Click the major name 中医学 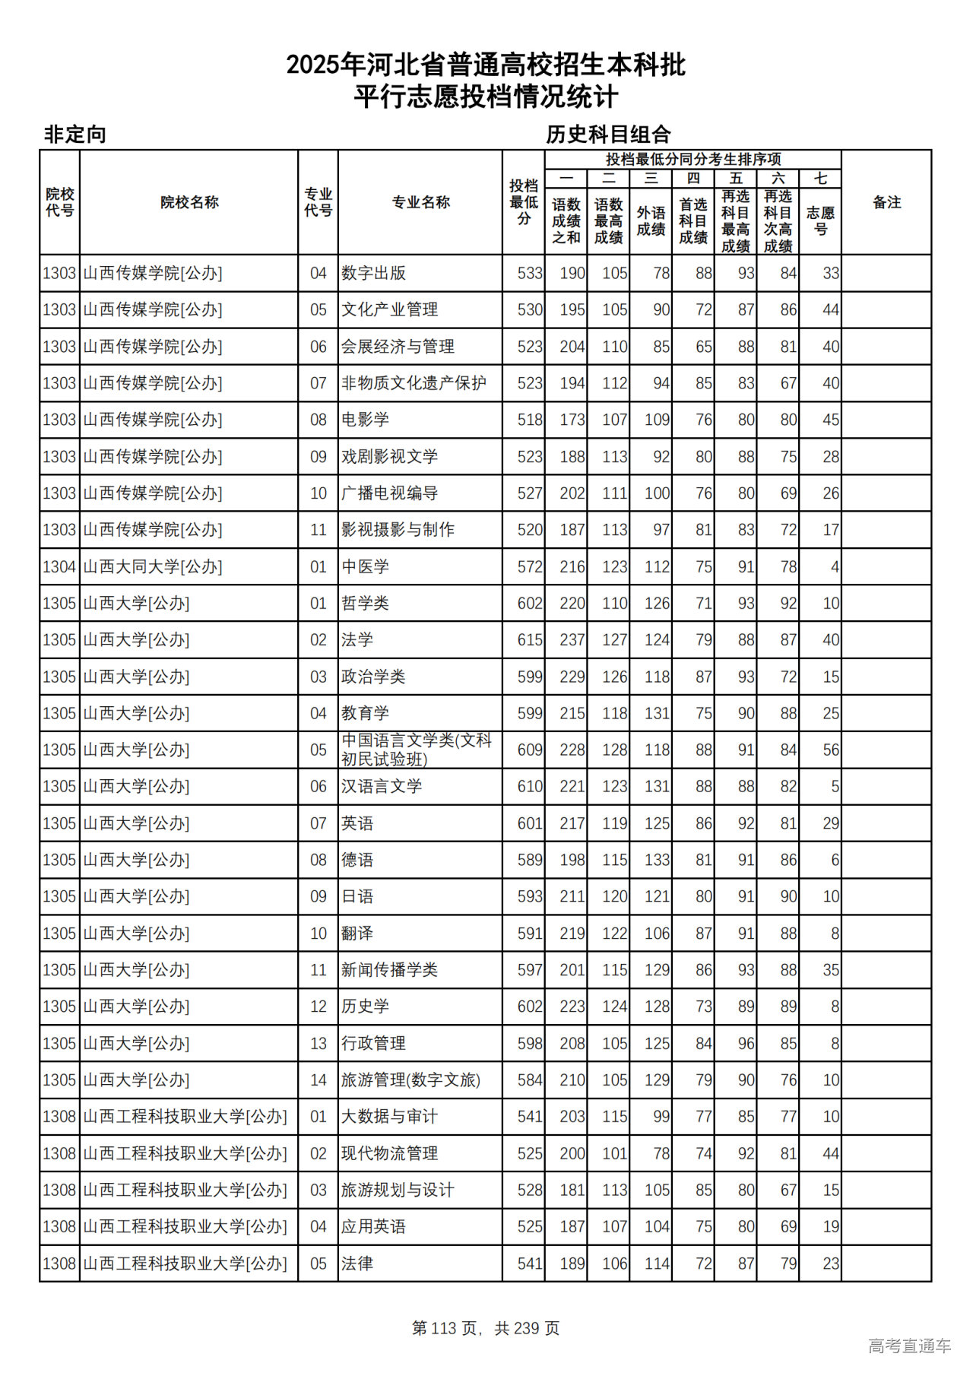pos(365,566)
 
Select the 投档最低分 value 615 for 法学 pos(530,640)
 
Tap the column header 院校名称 pos(189,202)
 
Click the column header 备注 pos(886,202)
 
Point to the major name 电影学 pos(365,420)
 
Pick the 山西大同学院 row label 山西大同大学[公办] pos(152,566)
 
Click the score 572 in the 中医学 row pos(530,566)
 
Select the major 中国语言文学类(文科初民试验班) pos(417,750)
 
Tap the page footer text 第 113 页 pos(445,1327)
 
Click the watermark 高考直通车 pos(909,1345)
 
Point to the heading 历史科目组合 pos(608,135)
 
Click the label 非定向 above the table pos(74,135)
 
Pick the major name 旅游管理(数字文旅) pos(410,1080)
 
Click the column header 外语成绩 pos(651,220)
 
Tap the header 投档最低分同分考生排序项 pos(693,159)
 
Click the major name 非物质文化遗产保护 pos(414,383)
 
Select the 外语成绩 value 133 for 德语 pos(657,860)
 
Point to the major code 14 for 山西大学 pos(318,1080)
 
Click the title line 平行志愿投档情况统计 pos(486,97)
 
